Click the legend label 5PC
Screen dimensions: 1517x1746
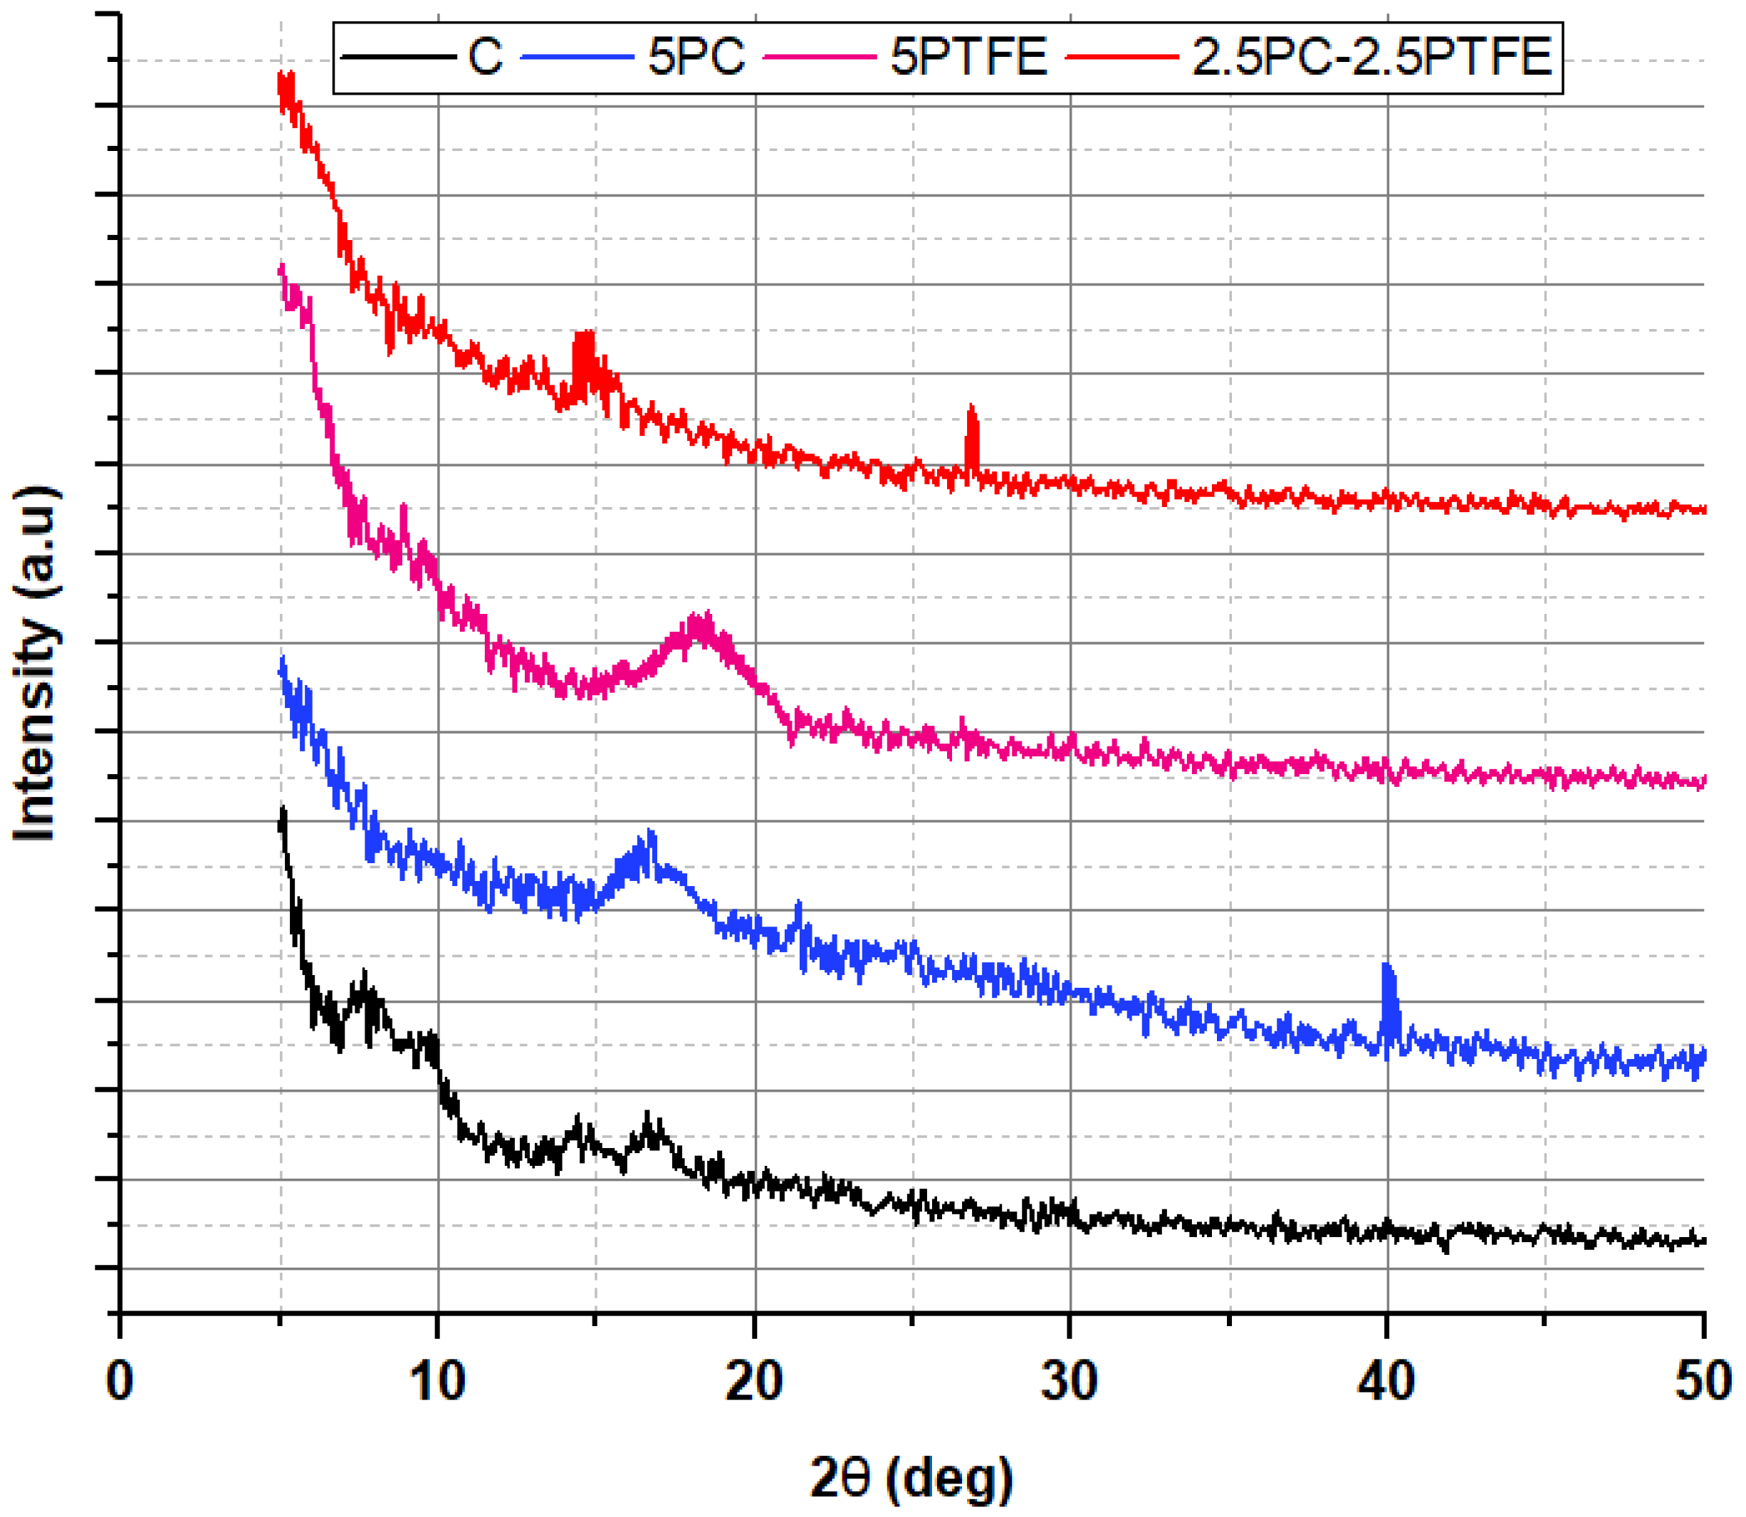[696, 58]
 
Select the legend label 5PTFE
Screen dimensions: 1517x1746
[968, 58]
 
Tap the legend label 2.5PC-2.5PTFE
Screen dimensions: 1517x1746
[1371, 58]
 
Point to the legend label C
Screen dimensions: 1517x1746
[485, 58]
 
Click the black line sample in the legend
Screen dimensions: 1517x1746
[399, 58]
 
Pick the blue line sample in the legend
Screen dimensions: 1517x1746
[578, 58]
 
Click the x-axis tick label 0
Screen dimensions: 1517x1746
[120, 1382]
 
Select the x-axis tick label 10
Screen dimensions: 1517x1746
[437, 1382]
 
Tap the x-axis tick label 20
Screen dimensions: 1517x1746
[754, 1382]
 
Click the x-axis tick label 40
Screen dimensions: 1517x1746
[1386, 1382]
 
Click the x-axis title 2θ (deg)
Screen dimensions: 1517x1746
[911, 1477]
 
